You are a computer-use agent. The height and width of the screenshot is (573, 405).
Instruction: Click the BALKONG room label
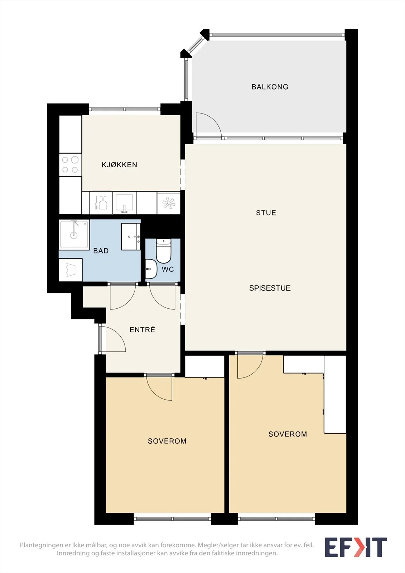270,87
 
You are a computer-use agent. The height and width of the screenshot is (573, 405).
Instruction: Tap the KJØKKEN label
120,164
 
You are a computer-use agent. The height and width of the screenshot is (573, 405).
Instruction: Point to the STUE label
266,213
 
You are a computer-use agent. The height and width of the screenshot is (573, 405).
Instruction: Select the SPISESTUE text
270,288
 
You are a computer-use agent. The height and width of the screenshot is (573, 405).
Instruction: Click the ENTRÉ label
142,329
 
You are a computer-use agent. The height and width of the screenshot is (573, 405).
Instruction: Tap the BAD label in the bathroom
101,251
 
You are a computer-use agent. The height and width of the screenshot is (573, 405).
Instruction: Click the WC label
168,269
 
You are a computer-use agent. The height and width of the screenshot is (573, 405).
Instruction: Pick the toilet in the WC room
164,251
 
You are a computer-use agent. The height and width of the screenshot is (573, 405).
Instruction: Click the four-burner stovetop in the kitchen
70,165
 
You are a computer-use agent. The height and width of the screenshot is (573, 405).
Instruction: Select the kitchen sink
124,203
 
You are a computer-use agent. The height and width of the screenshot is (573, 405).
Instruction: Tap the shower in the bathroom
74,235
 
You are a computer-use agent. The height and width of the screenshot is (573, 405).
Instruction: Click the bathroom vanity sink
131,237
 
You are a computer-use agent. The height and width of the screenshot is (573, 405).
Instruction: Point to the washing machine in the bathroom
71,270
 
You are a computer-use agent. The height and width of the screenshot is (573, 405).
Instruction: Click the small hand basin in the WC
151,269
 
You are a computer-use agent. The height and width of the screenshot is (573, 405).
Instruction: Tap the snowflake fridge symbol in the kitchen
169,203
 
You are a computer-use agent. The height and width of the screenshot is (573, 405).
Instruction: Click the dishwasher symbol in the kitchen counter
101,203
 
